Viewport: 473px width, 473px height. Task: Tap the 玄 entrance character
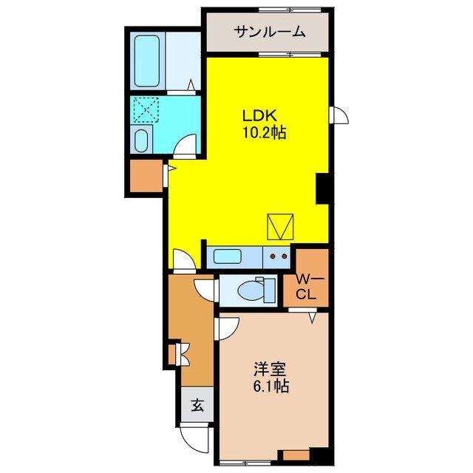[x=197, y=405]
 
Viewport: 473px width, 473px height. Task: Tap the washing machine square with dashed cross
[x=145, y=112]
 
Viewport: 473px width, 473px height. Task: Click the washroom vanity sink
[x=142, y=139]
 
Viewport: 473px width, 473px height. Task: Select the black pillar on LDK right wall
[x=322, y=188]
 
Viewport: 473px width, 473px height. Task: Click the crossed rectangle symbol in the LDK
[x=280, y=226]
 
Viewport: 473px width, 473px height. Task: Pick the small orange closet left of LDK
[x=146, y=175]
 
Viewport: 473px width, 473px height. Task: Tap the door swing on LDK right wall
[x=339, y=116]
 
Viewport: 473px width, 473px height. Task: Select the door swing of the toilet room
[x=206, y=289]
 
